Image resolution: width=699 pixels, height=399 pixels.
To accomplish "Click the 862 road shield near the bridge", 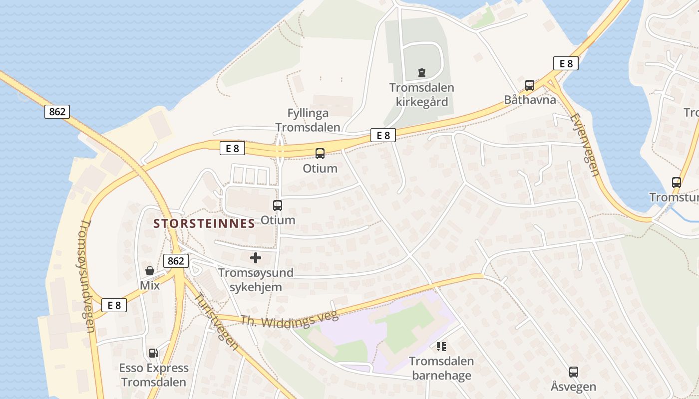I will (57, 112).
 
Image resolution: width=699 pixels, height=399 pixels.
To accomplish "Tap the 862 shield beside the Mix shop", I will (176, 260).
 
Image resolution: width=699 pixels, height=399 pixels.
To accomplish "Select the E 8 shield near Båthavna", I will (566, 63).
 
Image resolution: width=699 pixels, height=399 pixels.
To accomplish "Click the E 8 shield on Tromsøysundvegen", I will (114, 305).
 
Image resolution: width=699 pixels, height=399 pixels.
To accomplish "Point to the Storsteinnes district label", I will (204, 223).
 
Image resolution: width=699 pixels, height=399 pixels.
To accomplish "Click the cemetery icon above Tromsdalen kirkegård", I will (422, 73).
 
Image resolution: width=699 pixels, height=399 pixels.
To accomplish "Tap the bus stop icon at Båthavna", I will (529, 85).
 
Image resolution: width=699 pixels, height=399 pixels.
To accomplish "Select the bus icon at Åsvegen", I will (573, 372).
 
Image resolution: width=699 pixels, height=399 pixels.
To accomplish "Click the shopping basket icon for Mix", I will (149, 271).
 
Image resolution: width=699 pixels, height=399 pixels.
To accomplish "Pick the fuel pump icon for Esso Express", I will (153, 353).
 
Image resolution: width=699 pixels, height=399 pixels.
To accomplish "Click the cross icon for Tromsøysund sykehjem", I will (256, 258).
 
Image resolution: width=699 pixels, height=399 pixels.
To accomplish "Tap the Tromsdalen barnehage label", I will (441, 368).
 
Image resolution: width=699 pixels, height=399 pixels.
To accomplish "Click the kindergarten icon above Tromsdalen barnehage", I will (441, 346).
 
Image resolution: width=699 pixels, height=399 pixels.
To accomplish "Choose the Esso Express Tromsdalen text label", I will (154, 375).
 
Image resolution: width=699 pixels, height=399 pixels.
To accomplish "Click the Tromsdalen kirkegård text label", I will (422, 95).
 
